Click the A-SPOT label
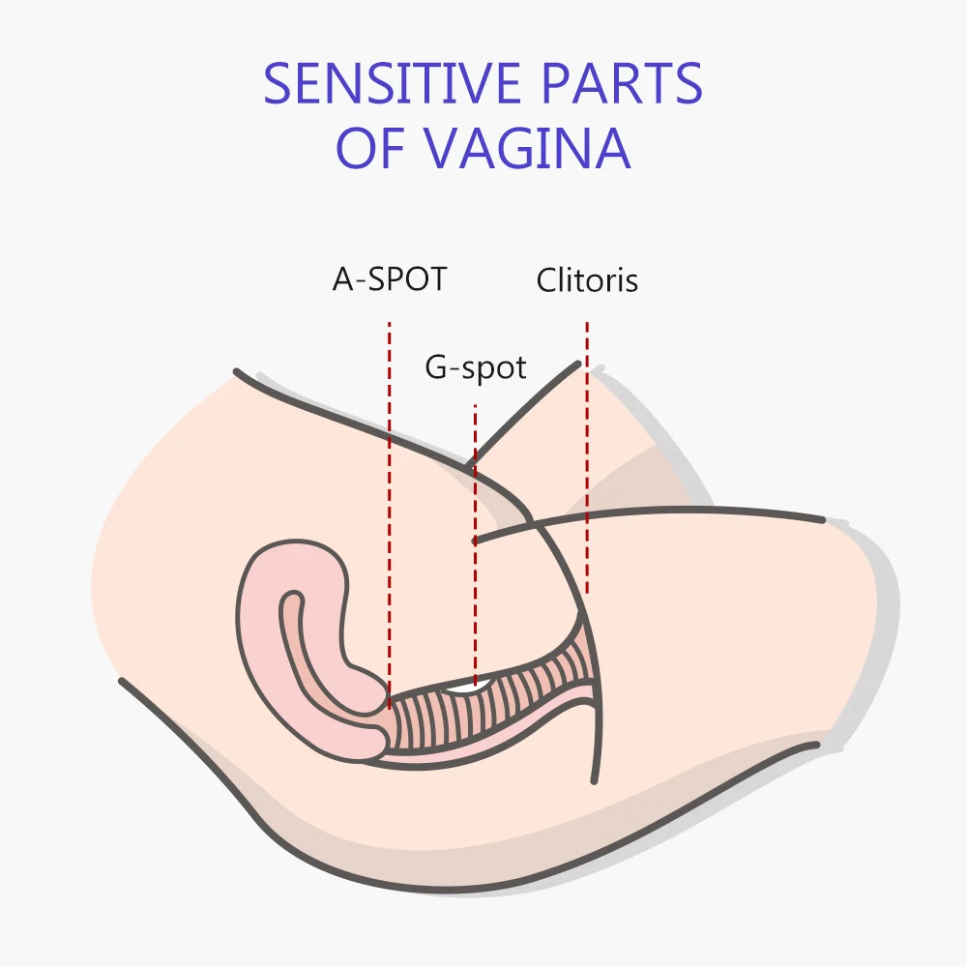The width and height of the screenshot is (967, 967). (x=390, y=279)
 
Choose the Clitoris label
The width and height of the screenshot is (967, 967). (x=587, y=280)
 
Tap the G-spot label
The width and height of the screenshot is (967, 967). (x=476, y=368)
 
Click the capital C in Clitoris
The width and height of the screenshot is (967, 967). (x=546, y=280)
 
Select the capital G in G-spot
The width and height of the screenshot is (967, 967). (x=436, y=368)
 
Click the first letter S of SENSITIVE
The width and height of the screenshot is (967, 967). (x=278, y=84)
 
